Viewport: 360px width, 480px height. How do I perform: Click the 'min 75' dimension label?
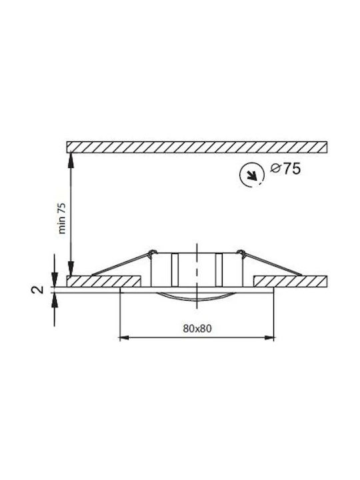[62, 218]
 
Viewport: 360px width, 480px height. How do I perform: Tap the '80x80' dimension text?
[197, 329]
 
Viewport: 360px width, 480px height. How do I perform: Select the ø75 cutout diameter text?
[285, 169]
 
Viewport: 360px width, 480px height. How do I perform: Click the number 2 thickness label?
[37, 289]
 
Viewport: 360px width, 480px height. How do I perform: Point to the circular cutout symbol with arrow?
[251, 175]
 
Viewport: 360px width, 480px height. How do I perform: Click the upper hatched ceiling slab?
[197, 147]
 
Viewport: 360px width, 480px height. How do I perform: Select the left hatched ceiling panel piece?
[103, 281]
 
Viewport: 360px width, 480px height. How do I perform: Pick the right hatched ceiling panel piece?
[291, 281]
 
